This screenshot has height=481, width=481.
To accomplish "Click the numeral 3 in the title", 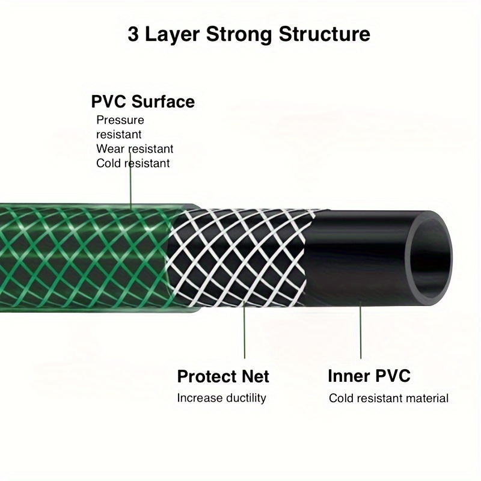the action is (133, 34).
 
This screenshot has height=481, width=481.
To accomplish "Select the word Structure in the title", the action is (325, 34).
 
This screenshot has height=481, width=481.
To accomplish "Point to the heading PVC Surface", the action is (143, 102).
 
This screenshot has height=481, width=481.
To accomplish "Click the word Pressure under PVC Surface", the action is (120, 120).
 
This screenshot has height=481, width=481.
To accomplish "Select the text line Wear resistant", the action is (135, 149).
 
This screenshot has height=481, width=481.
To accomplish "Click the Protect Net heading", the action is (223, 376).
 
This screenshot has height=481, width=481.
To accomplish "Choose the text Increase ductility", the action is (221, 398).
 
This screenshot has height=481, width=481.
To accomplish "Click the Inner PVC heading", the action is (369, 376).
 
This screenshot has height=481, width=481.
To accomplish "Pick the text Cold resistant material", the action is (388, 399).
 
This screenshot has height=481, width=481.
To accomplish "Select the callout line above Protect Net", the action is (245, 329).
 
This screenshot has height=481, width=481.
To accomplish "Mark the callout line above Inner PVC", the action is (361, 330).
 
